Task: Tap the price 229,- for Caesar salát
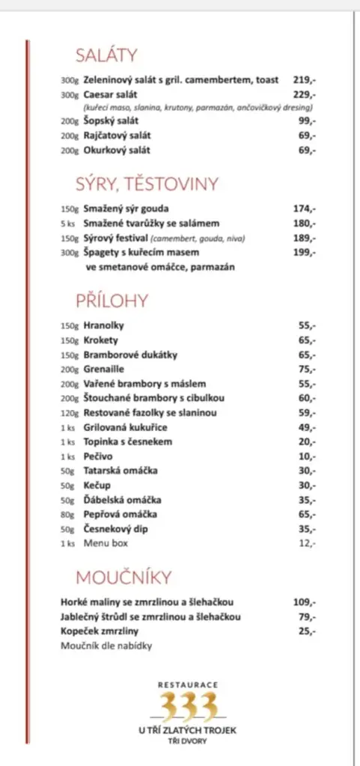pos(304,94)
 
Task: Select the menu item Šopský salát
pos(111,121)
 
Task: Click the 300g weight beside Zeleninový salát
pos(70,80)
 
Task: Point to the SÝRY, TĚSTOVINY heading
pos(146,183)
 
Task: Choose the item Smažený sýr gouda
pos(126,209)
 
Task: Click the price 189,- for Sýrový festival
pos(304,238)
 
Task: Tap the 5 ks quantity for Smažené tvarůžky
pos(69,224)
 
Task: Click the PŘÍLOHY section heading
pos(112,301)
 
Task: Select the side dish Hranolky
pos(103,325)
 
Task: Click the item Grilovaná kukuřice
pos(125,427)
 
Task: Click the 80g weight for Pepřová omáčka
pos(70,515)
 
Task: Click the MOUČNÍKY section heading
pos(123,577)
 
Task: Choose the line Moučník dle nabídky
pos(106,646)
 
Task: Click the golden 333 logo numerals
pos(189,705)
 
